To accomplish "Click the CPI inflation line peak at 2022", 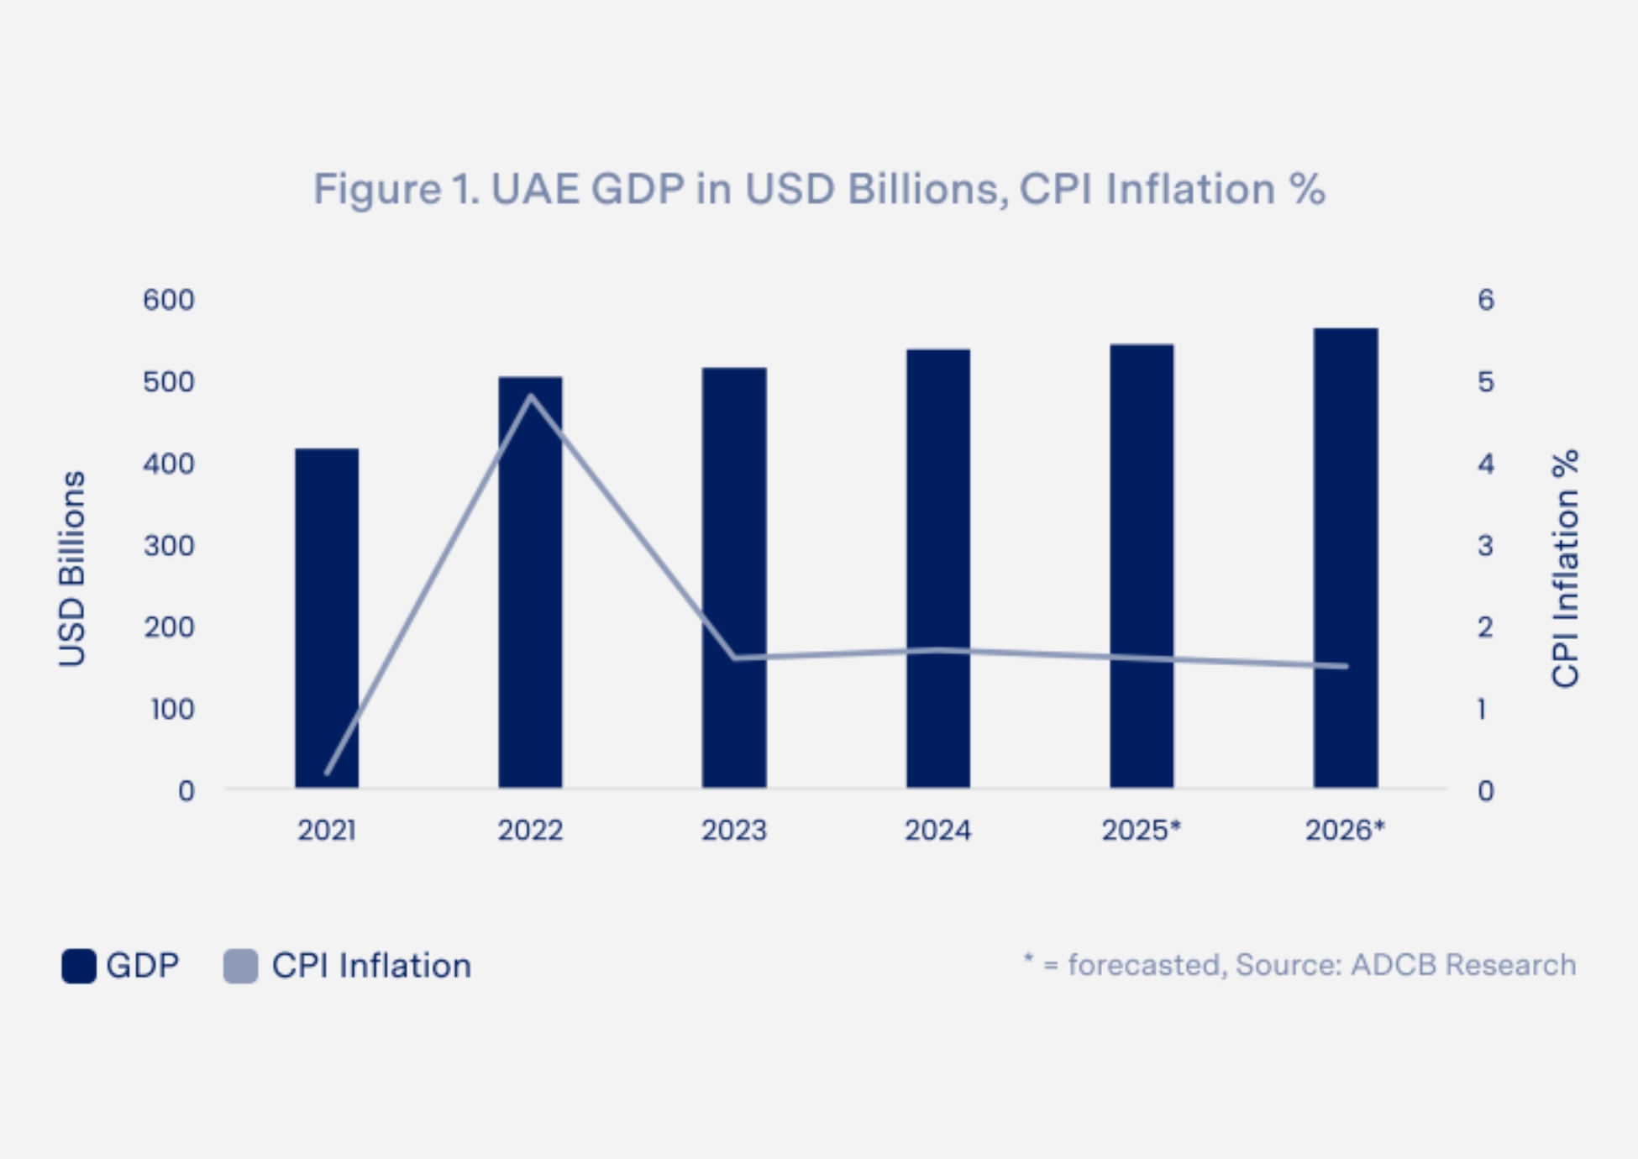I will tap(531, 396).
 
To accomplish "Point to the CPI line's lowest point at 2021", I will tap(327, 773).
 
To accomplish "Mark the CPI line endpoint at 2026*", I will tap(1346, 666).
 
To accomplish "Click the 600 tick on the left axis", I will tap(169, 300).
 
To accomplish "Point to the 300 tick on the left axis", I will tap(169, 546).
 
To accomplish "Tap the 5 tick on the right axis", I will tap(1486, 382).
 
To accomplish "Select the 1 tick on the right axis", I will tap(1483, 710).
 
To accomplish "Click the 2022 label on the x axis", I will tap(530, 831).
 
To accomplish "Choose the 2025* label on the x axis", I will tap(1141, 831).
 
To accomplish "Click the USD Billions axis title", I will tap(72, 569).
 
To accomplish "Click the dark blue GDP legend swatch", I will tap(79, 966).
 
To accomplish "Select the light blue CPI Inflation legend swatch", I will tap(240, 966).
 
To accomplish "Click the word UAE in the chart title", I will tap(535, 189).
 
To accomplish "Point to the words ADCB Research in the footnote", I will tap(1462, 965).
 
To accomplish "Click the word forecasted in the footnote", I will tap(1143, 965).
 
